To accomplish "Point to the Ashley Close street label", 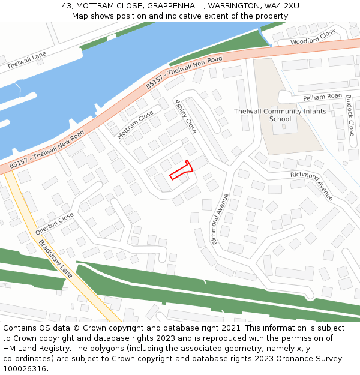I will click(x=185, y=116).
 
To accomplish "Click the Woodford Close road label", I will click(x=313, y=38).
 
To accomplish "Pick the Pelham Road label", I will click(x=322, y=97).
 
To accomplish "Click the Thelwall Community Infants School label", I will click(x=280, y=115).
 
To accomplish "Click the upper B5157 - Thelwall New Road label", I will click(x=184, y=73).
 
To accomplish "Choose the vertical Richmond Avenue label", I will click(x=220, y=219).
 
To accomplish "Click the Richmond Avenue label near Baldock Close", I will click(x=311, y=186).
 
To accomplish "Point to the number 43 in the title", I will click(x=67, y=6).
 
